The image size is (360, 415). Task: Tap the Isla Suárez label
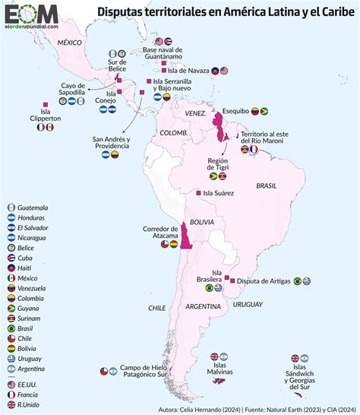tap(216, 193)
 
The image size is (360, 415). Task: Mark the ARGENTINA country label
tap(202, 306)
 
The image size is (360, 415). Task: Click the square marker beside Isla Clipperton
tap(46, 103)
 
